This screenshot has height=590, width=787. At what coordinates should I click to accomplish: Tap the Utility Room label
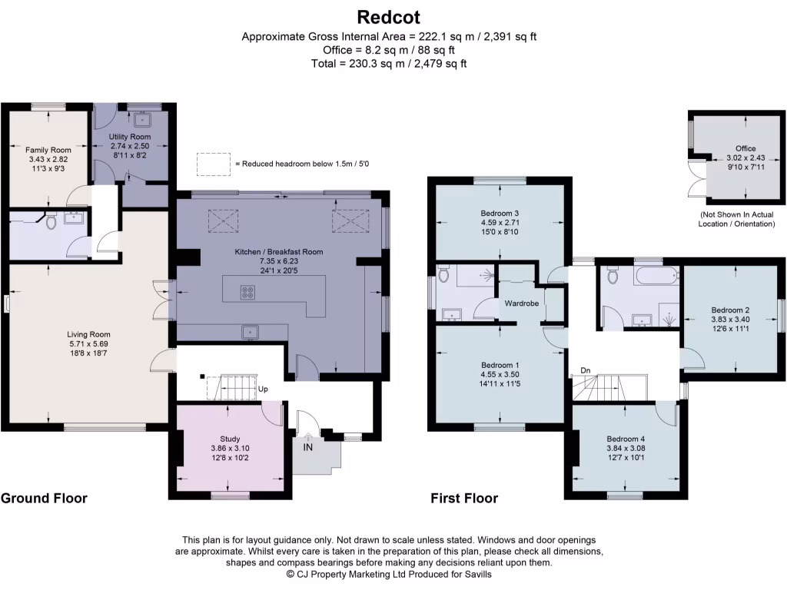pyautogui.click(x=130, y=136)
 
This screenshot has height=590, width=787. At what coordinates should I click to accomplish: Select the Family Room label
pyautogui.click(x=48, y=150)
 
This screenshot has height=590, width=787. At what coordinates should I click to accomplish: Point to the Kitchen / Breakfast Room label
pyautogui.click(x=279, y=251)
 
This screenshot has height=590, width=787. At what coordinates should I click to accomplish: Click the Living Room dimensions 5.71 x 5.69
pyautogui.click(x=88, y=345)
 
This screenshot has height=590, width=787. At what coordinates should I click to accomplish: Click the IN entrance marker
pyautogui.click(x=308, y=447)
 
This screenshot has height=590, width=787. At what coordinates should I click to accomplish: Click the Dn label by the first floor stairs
pyautogui.click(x=585, y=370)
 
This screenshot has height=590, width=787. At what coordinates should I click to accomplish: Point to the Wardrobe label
pyautogui.click(x=521, y=303)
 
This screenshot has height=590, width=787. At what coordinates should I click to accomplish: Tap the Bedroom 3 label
pyautogui.click(x=500, y=213)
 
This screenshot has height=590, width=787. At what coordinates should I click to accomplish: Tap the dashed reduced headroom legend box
pyautogui.click(x=213, y=164)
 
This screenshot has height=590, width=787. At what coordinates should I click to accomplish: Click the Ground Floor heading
pyautogui.click(x=44, y=499)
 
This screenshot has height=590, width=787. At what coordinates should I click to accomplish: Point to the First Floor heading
pyautogui.click(x=464, y=499)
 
